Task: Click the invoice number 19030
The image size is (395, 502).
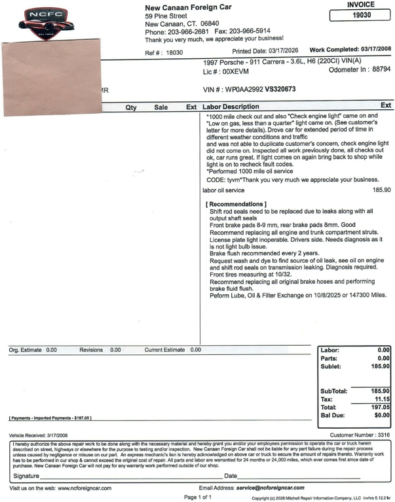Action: coord(361,15)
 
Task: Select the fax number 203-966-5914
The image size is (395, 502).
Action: coord(249,31)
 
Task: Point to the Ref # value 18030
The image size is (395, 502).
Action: coord(174,52)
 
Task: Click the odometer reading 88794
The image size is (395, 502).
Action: coord(378,69)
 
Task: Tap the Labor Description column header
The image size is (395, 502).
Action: coord(231,107)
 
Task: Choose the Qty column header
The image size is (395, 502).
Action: coord(131,107)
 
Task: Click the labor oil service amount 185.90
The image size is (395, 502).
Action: coord(381,190)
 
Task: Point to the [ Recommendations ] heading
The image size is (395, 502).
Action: coord(237,205)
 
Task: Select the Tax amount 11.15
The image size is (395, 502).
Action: coord(381,399)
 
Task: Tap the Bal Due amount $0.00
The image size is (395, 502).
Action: coord(381,415)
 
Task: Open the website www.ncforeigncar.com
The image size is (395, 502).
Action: coord(85,488)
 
